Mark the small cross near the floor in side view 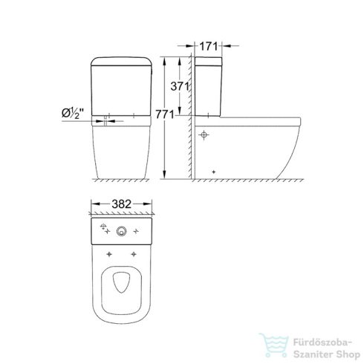(214, 172)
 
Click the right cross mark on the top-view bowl (134, 254)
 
